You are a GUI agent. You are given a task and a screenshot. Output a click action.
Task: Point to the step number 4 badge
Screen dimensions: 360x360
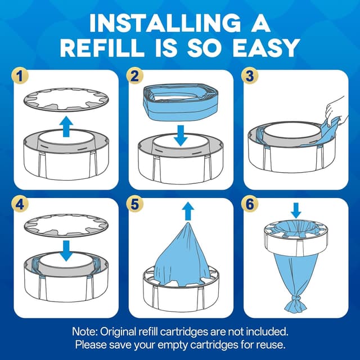[x=20, y=205]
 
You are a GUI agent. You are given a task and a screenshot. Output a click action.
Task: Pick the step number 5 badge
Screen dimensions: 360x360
[x=136, y=205]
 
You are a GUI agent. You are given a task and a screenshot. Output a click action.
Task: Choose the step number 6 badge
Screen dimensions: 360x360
[x=251, y=205]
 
